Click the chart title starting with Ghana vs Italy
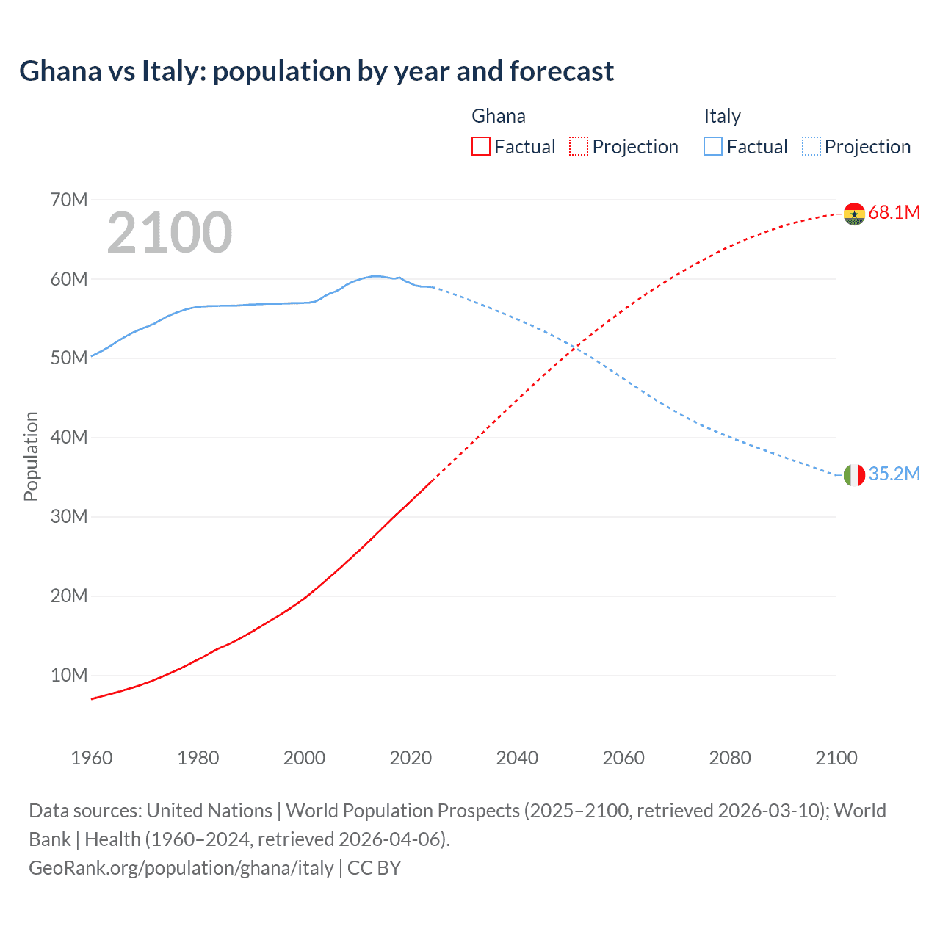click(x=316, y=71)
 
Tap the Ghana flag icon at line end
click(x=854, y=214)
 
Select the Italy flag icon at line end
click(x=854, y=475)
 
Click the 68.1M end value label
click(x=894, y=213)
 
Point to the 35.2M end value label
click(x=894, y=474)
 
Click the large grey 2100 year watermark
click(x=170, y=233)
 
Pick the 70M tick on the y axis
click(x=69, y=200)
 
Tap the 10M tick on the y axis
click(x=69, y=675)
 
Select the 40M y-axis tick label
click(x=69, y=438)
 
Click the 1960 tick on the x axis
click(x=92, y=758)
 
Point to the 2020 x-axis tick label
click(x=411, y=758)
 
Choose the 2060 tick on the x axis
click(x=623, y=758)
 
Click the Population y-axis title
click(x=31, y=456)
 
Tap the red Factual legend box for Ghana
click(x=481, y=147)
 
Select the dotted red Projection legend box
click(x=579, y=147)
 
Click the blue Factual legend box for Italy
click(x=713, y=147)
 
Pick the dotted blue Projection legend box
click(x=811, y=147)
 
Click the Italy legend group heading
click(x=722, y=116)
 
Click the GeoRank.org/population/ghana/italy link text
click(x=181, y=868)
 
